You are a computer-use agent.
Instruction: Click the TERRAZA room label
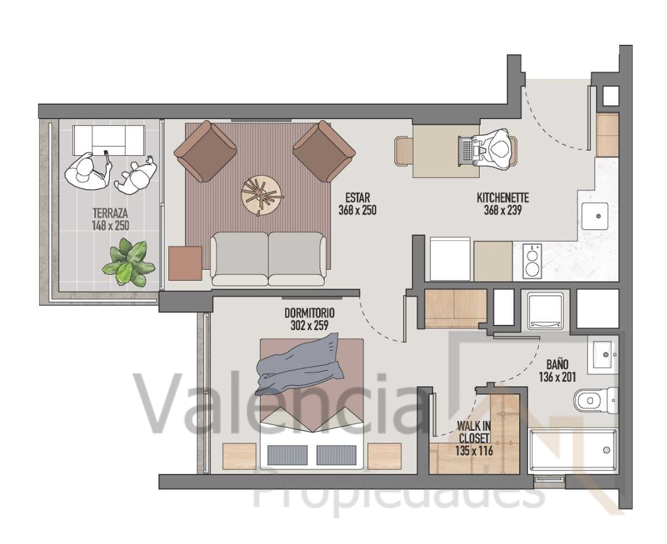click(110, 213)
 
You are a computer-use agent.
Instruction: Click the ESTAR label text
click(357, 198)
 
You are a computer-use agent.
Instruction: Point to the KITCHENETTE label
click(503, 198)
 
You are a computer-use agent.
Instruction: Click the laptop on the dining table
click(468, 151)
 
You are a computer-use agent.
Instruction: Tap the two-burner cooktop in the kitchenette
click(532, 260)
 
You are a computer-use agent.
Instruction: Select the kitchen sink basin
click(595, 216)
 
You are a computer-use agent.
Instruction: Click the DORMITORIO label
click(310, 313)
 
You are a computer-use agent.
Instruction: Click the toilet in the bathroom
click(596, 400)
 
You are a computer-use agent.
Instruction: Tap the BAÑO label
click(557, 365)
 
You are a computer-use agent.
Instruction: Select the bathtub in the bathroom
click(573, 450)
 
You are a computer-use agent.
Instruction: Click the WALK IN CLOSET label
click(474, 432)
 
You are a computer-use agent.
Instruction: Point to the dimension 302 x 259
click(310, 326)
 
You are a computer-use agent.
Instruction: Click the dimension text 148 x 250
click(110, 225)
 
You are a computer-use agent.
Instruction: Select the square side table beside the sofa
click(185, 263)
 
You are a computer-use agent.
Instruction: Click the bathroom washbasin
click(603, 354)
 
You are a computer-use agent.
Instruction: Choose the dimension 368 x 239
click(503, 210)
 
